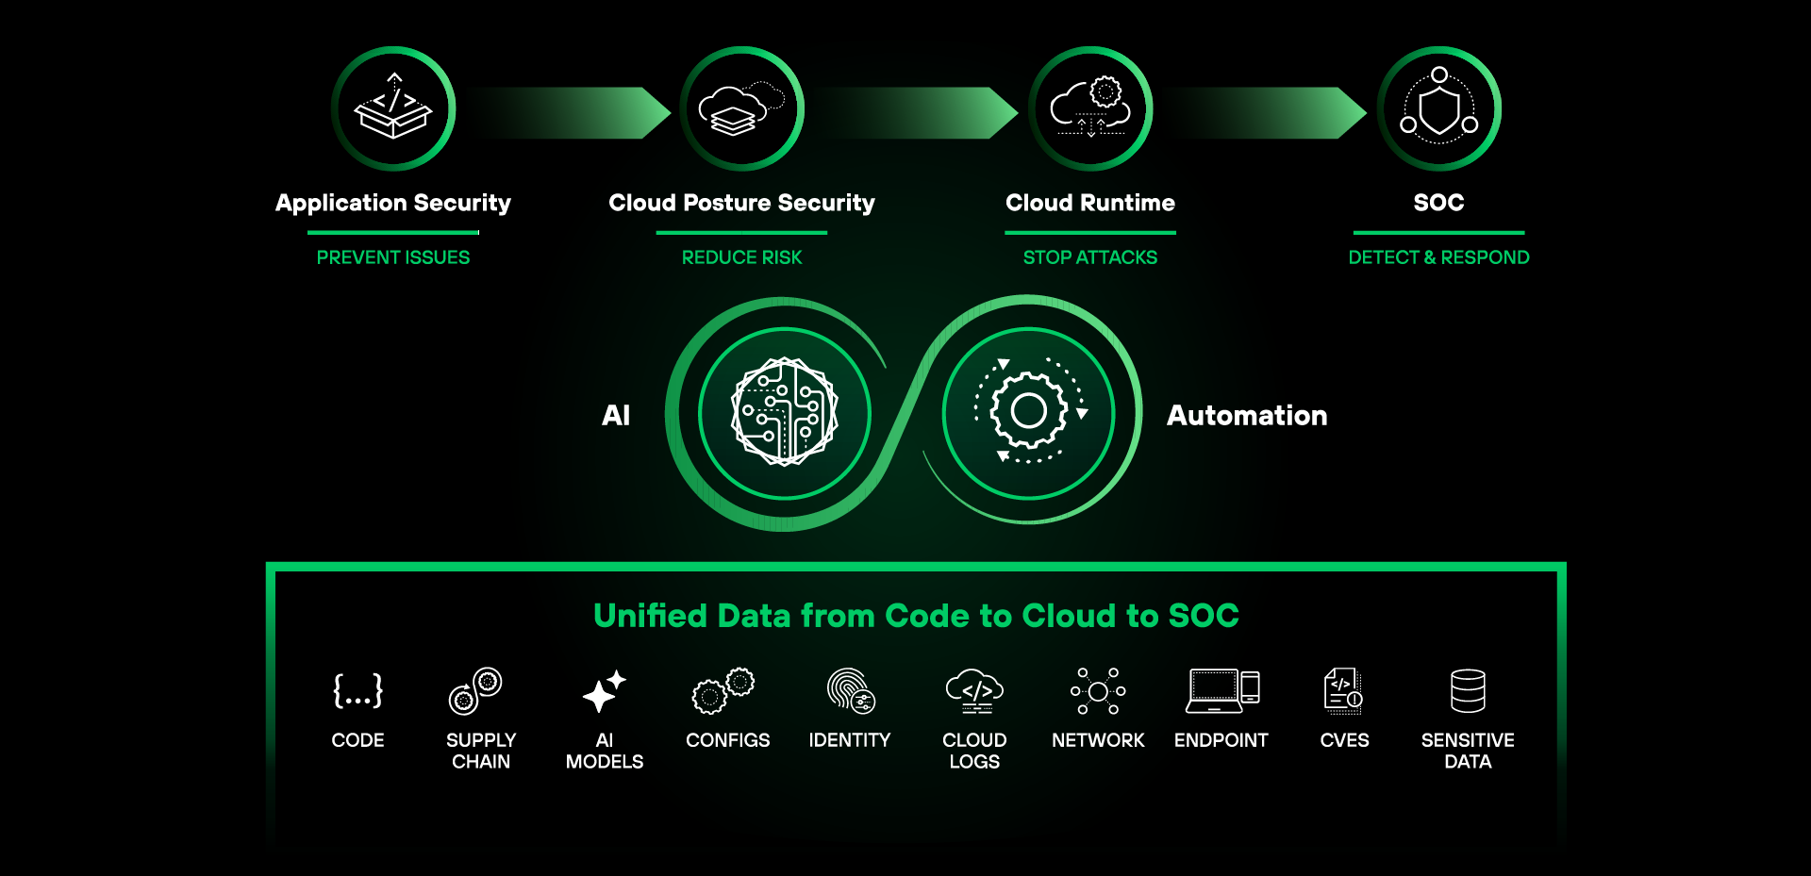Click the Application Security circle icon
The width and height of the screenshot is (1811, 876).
coord(393,109)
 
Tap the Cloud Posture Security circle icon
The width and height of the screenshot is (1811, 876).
coord(741,109)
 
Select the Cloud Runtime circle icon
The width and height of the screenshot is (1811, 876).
coord(1090,109)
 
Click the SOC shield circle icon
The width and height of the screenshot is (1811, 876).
coord(1439,109)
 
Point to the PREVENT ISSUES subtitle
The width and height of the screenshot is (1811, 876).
coord(393,257)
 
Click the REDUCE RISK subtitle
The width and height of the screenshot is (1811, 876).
coord(741,257)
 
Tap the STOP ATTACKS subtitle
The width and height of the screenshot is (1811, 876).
coord(1090,257)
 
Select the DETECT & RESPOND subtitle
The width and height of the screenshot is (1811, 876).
coord(1438,257)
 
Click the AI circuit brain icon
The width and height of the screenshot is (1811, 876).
coord(785,412)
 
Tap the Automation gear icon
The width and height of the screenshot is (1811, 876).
coord(1029,412)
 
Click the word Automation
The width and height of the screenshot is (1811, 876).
coord(1247,416)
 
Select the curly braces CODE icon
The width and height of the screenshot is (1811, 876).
coord(357,691)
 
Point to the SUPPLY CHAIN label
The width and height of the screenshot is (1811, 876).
coord(481,751)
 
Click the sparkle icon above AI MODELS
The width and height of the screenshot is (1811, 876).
coord(604,691)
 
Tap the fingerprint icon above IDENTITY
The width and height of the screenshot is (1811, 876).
coord(851,691)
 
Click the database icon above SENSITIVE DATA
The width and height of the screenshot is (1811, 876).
coord(1468,691)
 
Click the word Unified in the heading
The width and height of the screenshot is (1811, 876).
coord(650,616)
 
